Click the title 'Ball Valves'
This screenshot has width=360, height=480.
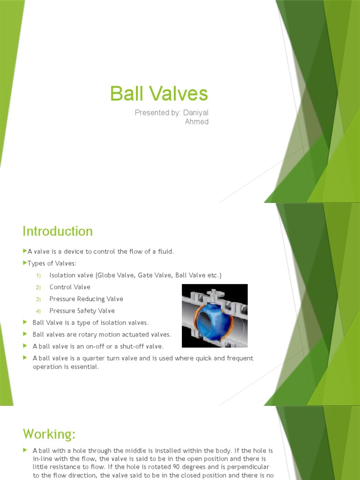(159, 94)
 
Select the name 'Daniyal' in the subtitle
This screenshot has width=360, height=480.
(196, 112)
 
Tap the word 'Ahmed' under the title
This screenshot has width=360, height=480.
(197, 122)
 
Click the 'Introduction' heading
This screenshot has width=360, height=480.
(58, 231)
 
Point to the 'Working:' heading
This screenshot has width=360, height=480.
(49, 434)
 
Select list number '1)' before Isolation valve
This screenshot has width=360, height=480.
(39, 275)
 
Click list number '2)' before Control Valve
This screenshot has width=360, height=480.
(39, 287)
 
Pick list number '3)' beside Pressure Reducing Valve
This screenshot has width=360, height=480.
(39, 299)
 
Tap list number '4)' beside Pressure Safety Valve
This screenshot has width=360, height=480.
(39, 311)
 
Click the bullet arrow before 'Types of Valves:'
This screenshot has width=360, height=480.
(25, 263)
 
